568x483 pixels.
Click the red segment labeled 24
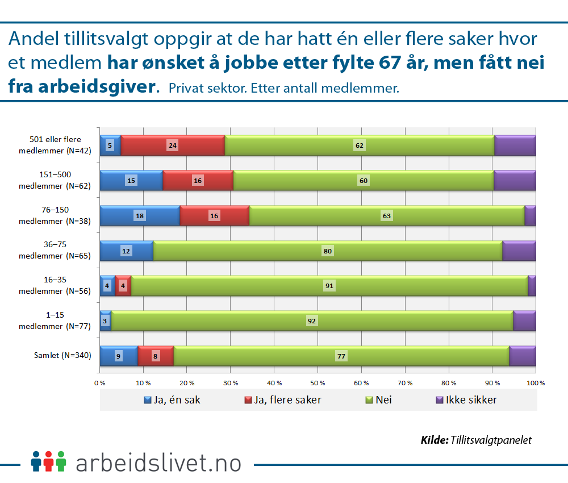click(x=173, y=145)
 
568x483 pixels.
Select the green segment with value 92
click(x=312, y=321)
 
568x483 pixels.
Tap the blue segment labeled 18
click(x=140, y=216)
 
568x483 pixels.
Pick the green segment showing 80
click(x=328, y=251)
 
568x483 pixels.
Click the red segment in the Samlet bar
click(x=156, y=356)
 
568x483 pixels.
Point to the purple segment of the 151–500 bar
click(x=515, y=181)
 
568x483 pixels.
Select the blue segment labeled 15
click(x=131, y=181)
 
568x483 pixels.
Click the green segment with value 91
click(x=329, y=286)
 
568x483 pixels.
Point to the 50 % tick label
click(x=318, y=383)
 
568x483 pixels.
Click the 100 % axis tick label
click(x=535, y=383)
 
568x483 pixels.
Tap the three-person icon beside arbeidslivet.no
click(x=49, y=461)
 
